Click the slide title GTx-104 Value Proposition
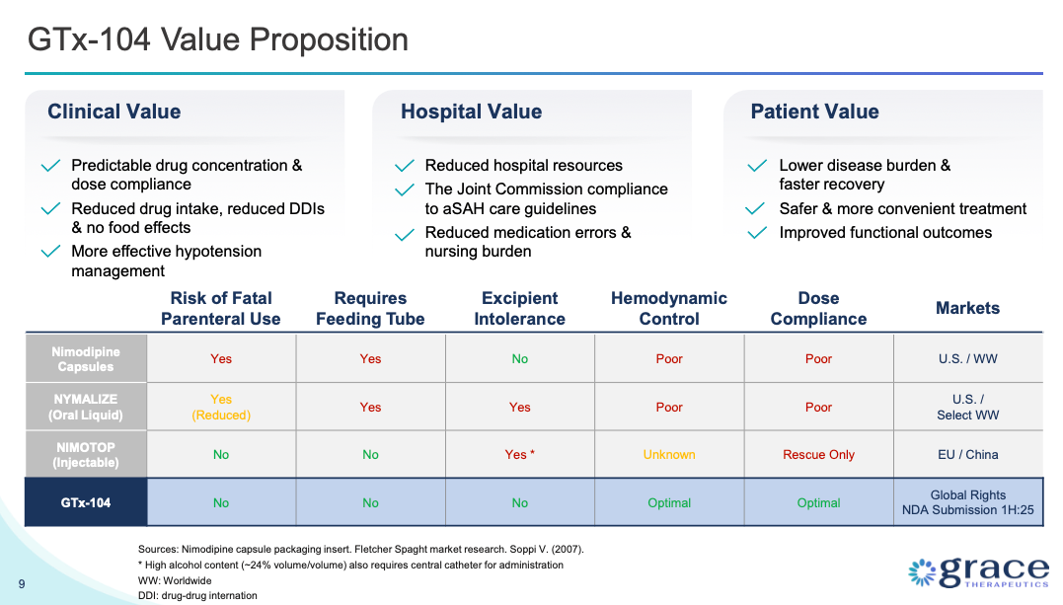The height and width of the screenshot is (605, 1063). pyautogui.click(x=217, y=40)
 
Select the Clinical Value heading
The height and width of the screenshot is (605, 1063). pyautogui.click(x=114, y=112)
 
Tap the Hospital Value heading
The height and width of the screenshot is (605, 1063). pyautogui.click(x=471, y=112)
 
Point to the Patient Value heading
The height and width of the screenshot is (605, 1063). pyautogui.click(x=814, y=112)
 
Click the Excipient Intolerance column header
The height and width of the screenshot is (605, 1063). pyautogui.click(x=519, y=308)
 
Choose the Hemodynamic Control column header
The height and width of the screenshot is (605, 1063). pyautogui.click(x=668, y=308)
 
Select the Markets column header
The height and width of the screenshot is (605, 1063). pyautogui.click(x=967, y=308)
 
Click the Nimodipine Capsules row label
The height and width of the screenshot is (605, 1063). pyautogui.click(x=85, y=358)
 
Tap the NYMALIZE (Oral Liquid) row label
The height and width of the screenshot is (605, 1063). pyautogui.click(x=85, y=407)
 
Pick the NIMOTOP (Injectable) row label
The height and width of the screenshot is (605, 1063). pyautogui.click(x=85, y=454)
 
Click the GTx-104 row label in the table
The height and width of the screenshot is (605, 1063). pyautogui.click(x=85, y=502)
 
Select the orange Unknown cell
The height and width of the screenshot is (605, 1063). pyautogui.click(x=668, y=455)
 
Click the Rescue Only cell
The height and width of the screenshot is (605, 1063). pyautogui.click(x=818, y=455)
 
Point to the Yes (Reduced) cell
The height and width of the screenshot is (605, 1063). pyautogui.click(x=221, y=407)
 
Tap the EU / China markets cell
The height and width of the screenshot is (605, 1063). pyautogui.click(x=967, y=455)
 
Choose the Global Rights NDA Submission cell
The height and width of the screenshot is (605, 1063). pyautogui.click(x=967, y=502)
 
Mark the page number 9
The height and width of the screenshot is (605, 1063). pyautogui.click(x=22, y=583)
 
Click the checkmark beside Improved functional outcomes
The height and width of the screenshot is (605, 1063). pyautogui.click(x=757, y=233)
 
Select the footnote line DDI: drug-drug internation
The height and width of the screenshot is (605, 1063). pyautogui.click(x=197, y=595)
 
